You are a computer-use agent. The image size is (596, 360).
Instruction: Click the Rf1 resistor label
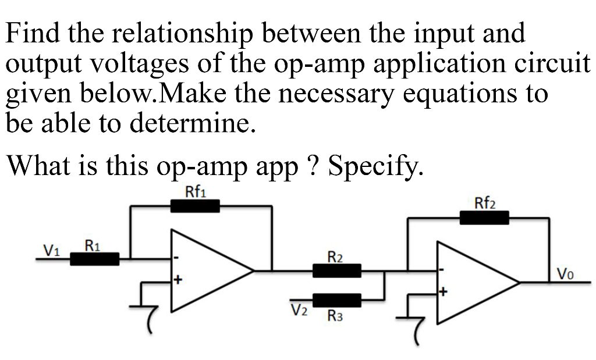[194, 192]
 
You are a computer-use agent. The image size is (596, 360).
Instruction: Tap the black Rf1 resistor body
[195, 206]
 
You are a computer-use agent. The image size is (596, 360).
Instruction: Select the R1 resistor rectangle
[95, 259]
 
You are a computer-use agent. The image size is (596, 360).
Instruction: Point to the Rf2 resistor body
[484, 218]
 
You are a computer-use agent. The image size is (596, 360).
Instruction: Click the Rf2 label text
[484, 204]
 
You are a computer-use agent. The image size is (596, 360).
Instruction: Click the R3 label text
[336, 317]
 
